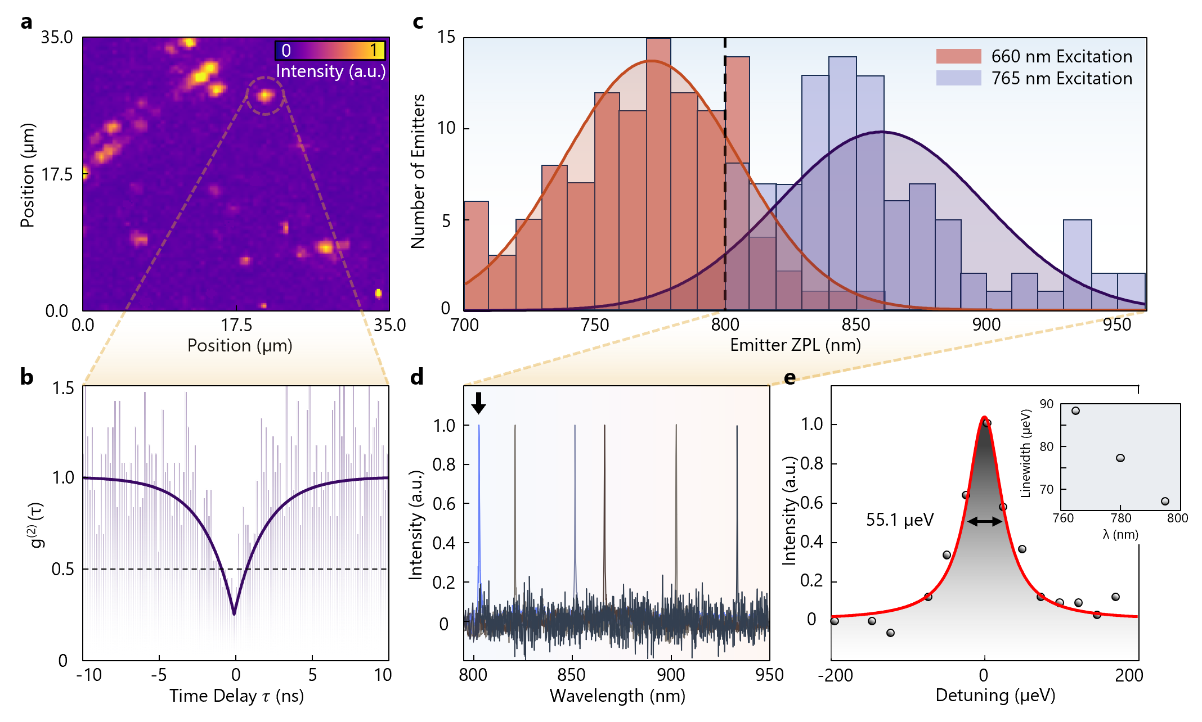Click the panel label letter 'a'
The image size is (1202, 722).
coord(26,22)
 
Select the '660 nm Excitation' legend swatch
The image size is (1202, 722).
coord(958,56)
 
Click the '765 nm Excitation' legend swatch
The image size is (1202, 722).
coord(958,78)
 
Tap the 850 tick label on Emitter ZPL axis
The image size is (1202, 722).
coord(855,325)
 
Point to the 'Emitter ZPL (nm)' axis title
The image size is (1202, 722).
coord(795,345)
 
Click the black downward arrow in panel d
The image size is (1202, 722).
coord(478,403)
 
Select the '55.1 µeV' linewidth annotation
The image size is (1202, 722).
coord(899,520)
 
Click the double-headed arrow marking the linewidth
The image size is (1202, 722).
coord(984,521)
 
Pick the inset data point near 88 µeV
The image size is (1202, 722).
coord(1075,411)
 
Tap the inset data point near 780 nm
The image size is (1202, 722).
coord(1120,458)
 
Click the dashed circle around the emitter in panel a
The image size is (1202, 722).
coord(265,96)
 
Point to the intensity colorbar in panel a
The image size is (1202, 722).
coord(330,51)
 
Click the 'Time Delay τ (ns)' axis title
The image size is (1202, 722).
coord(236,696)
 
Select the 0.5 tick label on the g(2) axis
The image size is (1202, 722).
coord(62,569)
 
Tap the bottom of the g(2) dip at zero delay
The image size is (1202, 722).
coord(234,613)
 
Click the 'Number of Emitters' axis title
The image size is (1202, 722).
coord(418,172)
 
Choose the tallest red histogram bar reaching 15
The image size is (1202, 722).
coord(658,174)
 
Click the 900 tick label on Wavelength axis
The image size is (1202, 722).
coord(671,675)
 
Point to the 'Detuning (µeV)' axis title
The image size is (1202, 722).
coord(995,696)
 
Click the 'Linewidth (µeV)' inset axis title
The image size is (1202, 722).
coord(1025,453)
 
